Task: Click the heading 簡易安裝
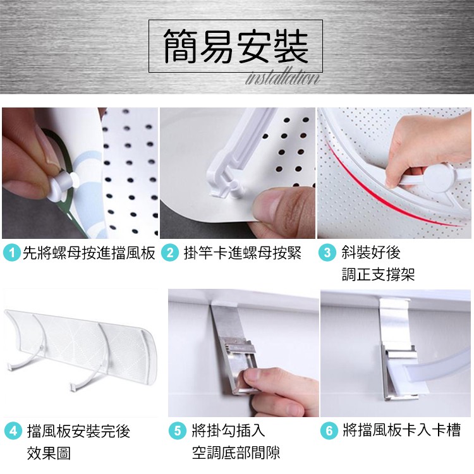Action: (x=236, y=46)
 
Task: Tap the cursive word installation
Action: (x=283, y=78)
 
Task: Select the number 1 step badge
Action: (x=12, y=253)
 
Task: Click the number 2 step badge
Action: (x=170, y=253)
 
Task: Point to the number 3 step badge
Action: (x=327, y=253)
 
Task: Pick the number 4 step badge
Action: (x=13, y=431)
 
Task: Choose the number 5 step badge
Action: (x=178, y=430)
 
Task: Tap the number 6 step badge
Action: (x=329, y=430)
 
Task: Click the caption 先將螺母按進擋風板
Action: (x=89, y=253)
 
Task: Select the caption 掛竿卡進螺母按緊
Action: (x=243, y=253)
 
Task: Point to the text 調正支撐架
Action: (x=378, y=274)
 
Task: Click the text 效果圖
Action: (x=49, y=453)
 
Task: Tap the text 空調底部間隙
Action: (x=236, y=453)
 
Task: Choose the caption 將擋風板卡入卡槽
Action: (x=402, y=430)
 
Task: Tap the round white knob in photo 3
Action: (x=437, y=178)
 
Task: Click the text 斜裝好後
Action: (x=371, y=252)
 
